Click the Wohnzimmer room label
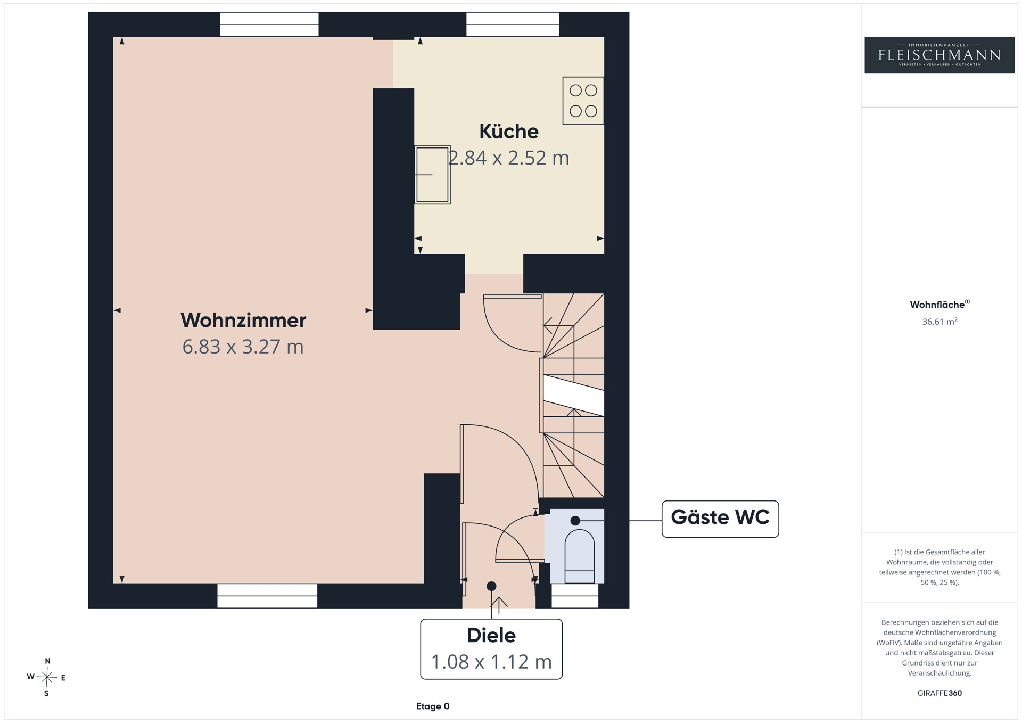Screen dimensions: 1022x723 [243, 320]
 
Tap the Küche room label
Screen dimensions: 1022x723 [509, 131]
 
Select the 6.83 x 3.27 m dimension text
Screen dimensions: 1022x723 [243, 347]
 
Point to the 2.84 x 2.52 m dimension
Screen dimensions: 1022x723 [509, 158]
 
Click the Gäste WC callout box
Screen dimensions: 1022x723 [720, 519]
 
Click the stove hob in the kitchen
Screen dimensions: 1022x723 [583, 101]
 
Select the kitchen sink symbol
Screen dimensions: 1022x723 [432, 175]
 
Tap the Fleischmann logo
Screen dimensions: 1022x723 [939, 55]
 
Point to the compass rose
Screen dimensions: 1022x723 [47, 677]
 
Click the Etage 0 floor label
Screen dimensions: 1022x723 [433, 706]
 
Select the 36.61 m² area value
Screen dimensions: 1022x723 [939, 322]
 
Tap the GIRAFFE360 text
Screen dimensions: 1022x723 [939, 693]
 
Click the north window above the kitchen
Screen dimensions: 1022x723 [513, 24]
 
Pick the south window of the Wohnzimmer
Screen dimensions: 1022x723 [267, 596]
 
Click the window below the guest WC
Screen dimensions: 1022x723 [575, 596]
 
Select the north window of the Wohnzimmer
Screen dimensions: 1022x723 [269, 24]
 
